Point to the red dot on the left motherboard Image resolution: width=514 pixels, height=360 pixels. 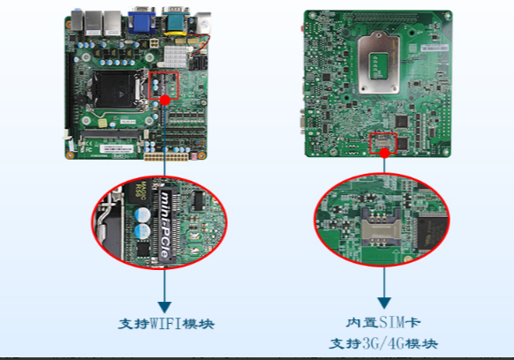(x=165, y=100)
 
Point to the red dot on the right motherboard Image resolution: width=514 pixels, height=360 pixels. (x=385, y=152)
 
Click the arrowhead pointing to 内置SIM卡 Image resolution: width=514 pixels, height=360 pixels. (x=385, y=300)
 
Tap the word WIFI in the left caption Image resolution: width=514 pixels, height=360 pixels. (x=167, y=324)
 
